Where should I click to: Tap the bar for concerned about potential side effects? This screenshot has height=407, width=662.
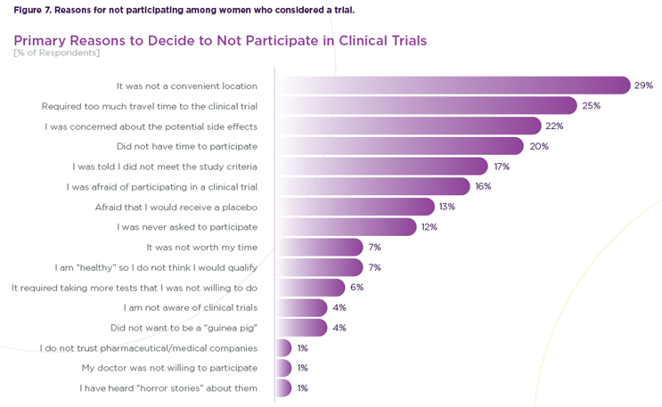(x=410, y=126)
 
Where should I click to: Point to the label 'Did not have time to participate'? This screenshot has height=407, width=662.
(x=187, y=146)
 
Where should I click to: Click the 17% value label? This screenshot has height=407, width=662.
(x=502, y=167)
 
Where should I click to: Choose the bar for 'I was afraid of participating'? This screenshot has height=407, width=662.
(x=374, y=186)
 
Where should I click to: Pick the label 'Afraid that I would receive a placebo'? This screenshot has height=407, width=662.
(x=176, y=207)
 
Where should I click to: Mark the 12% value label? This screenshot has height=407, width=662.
(x=429, y=227)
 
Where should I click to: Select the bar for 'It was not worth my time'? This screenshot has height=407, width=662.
(x=320, y=247)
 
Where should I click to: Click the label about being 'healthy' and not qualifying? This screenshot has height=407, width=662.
(x=156, y=267)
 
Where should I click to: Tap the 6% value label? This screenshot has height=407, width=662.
(x=356, y=288)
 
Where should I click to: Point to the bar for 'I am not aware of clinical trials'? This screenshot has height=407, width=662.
(x=302, y=307)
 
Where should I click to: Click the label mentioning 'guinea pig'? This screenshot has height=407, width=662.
(x=184, y=328)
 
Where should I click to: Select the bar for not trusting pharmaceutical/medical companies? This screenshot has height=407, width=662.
(x=284, y=348)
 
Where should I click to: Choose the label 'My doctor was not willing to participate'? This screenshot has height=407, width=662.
(x=169, y=368)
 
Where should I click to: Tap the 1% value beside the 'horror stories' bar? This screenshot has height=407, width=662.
(x=303, y=388)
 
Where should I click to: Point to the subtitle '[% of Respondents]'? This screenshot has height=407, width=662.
(x=57, y=53)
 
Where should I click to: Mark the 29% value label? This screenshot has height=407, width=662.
(x=644, y=85)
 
